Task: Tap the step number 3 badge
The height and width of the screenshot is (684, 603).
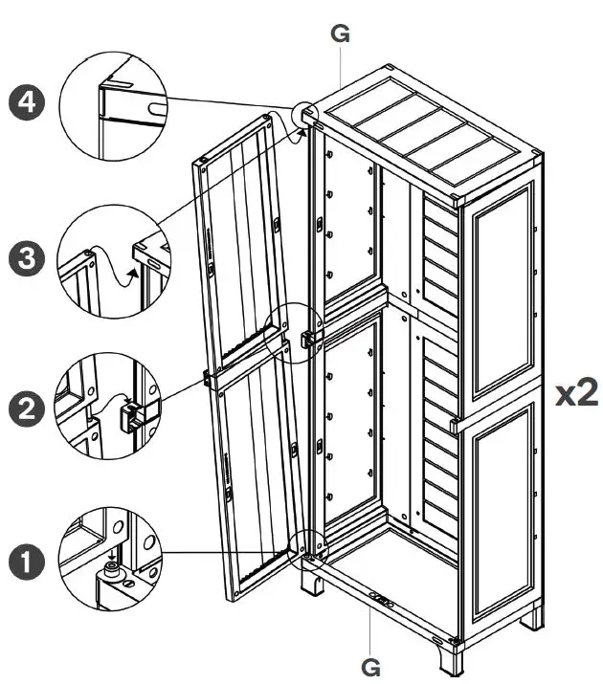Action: (26, 259)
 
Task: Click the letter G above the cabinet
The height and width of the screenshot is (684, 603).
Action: (340, 34)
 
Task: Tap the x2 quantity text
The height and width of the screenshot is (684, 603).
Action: (577, 393)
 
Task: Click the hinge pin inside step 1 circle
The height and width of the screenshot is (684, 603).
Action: (114, 571)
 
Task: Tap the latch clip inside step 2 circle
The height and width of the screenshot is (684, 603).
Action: (129, 415)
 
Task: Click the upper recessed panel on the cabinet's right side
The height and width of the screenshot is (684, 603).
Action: (502, 292)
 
